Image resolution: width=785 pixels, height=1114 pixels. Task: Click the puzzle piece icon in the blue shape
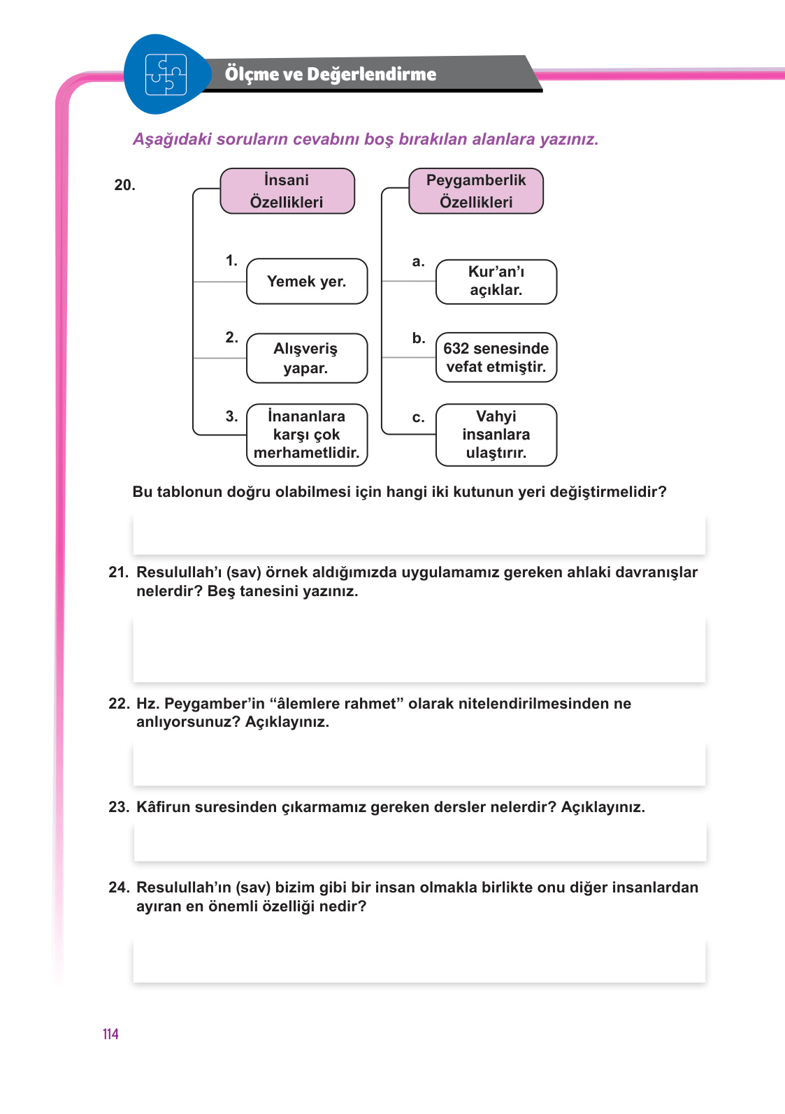[x=166, y=75]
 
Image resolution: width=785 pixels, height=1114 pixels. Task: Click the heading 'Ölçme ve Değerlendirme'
[x=330, y=74]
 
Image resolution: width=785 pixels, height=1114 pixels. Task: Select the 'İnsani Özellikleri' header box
[x=287, y=191]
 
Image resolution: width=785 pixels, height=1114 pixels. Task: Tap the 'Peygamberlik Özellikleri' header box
[x=476, y=191]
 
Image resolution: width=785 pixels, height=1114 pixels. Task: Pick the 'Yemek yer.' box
[x=307, y=281]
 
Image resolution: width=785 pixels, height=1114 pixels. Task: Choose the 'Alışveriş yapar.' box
[x=307, y=358]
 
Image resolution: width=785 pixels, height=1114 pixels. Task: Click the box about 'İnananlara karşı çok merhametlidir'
[x=307, y=434]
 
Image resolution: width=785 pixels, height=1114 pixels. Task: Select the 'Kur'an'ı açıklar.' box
[x=496, y=281]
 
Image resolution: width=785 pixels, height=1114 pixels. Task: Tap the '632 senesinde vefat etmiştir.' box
[x=496, y=357]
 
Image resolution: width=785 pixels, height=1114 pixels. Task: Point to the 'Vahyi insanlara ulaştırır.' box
[x=496, y=434]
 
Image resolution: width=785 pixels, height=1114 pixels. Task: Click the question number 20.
[x=124, y=185]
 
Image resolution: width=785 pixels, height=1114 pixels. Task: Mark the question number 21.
[x=118, y=572]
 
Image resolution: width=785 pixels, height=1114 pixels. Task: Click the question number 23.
[x=118, y=807]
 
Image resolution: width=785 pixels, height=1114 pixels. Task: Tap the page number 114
[x=110, y=1034]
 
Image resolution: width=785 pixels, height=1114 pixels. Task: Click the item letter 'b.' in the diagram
[x=419, y=338]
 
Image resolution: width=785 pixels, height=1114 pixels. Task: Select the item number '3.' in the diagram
[x=232, y=417]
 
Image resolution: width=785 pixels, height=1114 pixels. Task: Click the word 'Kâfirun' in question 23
[x=163, y=807]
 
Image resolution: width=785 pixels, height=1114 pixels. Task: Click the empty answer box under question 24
[x=419, y=961]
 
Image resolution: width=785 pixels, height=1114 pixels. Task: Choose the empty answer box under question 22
[x=419, y=764]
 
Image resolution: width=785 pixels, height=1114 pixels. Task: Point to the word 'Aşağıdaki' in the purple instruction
[x=172, y=139]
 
